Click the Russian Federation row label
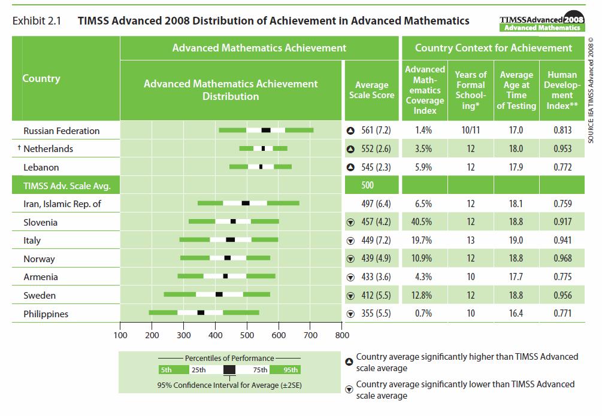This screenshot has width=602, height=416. (61, 130)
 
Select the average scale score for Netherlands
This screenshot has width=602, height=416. (376, 148)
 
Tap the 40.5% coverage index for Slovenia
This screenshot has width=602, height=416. (423, 222)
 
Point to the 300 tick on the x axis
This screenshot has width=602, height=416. (184, 335)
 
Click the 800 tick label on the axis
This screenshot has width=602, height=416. (341, 335)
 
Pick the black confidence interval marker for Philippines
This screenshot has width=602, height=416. (201, 312)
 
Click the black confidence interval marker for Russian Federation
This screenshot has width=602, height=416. (266, 130)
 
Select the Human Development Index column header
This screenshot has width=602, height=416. (562, 90)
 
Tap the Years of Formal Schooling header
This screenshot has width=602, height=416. (471, 90)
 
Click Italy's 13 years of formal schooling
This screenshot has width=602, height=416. (471, 240)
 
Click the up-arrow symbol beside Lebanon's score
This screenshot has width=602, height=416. (351, 167)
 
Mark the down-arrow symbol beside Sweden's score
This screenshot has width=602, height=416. (351, 296)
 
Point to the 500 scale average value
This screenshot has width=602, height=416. (367, 186)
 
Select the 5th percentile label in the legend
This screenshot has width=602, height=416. (167, 370)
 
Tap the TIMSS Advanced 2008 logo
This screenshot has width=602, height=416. (542, 22)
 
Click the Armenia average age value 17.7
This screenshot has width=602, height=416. (516, 277)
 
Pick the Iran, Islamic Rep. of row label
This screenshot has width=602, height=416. (62, 204)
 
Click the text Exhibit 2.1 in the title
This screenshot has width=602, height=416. (37, 21)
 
